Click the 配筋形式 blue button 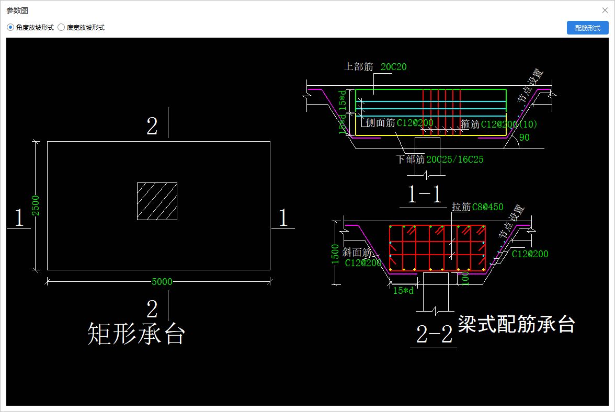(587, 28)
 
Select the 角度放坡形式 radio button (10, 28)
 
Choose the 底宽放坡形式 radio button (61, 28)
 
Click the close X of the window (605, 10)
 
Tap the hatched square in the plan (157, 201)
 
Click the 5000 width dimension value (162, 282)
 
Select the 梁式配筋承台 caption (516, 325)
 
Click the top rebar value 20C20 (393, 67)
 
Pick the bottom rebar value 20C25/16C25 (455, 159)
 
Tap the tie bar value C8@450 (487, 207)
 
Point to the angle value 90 (524, 138)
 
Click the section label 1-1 (425, 194)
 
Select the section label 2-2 (434, 335)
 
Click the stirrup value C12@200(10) (509, 124)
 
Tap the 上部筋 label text (358, 67)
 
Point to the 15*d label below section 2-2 (403, 291)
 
